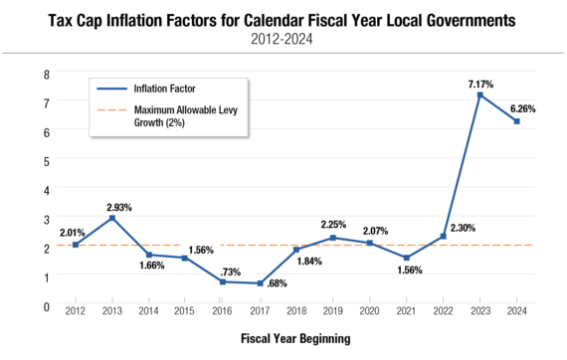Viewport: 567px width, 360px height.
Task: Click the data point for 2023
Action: click(479, 94)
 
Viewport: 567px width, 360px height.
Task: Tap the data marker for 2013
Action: click(112, 218)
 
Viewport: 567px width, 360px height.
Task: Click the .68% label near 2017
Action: click(276, 285)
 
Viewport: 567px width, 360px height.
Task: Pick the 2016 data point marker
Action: click(223, 281)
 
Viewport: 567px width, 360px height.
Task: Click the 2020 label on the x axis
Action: click(369, 312)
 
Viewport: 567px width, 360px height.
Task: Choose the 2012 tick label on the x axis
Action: click(76, 312)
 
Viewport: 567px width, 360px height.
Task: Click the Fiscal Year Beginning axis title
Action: click(295, 338)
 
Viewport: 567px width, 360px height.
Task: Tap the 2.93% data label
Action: click(119, 206)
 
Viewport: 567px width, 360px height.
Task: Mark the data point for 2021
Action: click(406, 258)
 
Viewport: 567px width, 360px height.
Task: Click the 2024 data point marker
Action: click(516, 121)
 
